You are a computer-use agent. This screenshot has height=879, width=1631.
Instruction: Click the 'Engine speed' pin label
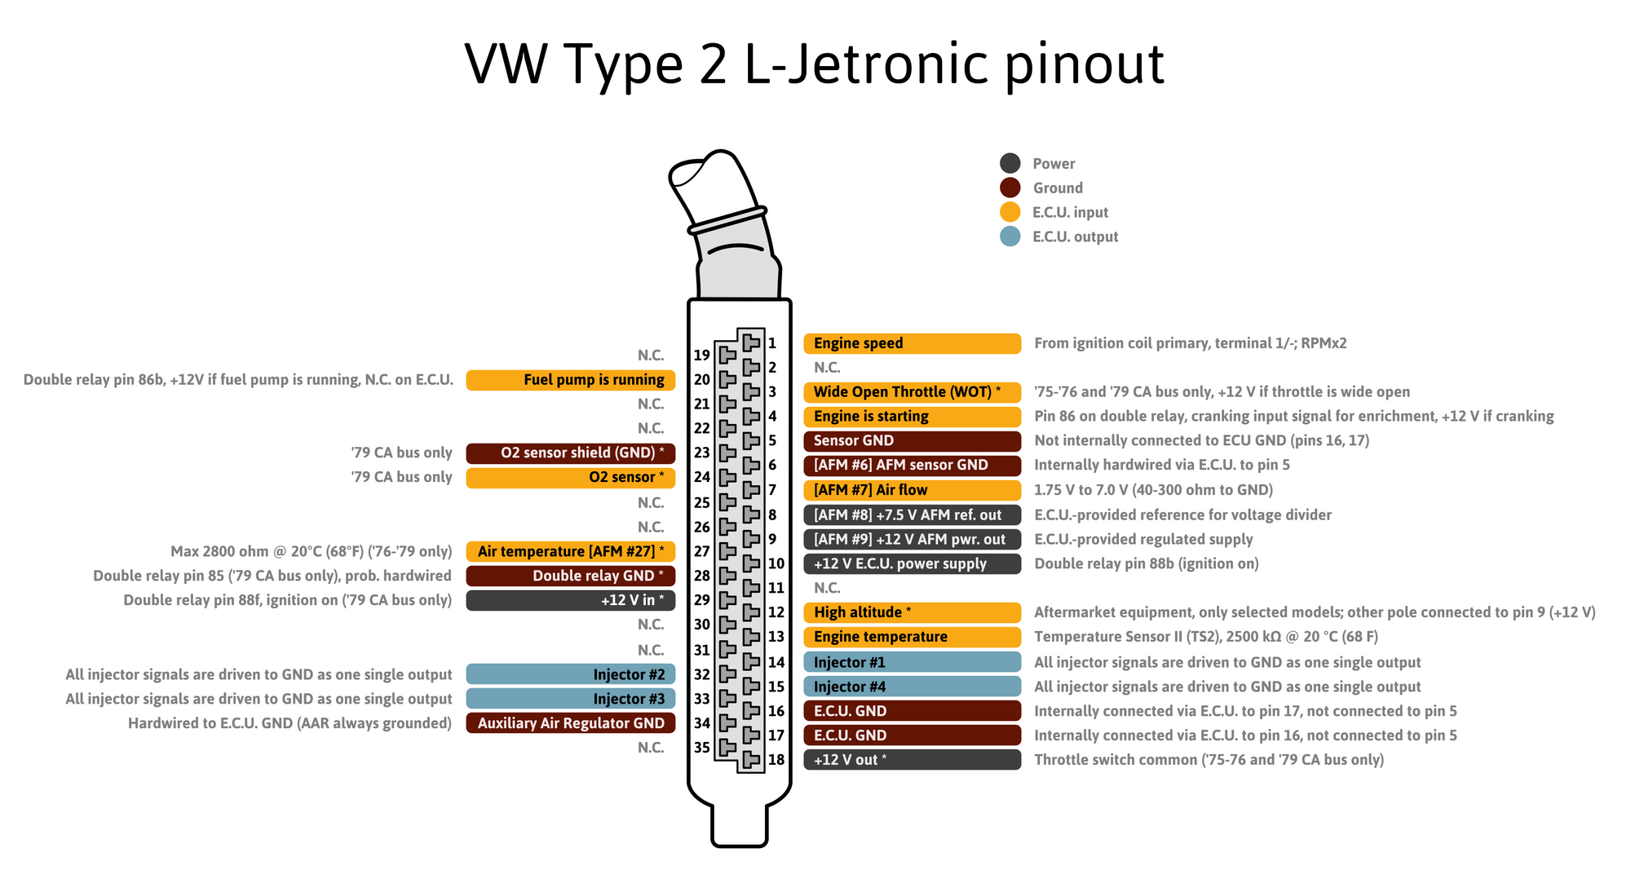point(912,343)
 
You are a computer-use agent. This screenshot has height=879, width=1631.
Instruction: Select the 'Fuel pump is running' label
point(571,380)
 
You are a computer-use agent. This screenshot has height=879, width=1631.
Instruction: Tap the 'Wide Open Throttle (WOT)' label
point(912,392)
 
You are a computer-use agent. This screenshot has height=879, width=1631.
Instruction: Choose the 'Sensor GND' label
point(912,441)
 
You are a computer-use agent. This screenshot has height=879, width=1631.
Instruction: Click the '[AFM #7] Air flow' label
point(912,490)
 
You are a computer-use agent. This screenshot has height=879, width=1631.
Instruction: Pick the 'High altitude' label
point(912,612)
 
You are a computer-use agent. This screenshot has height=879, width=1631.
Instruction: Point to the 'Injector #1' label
point(912,662)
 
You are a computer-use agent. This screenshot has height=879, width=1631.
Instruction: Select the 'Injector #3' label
point(571,699)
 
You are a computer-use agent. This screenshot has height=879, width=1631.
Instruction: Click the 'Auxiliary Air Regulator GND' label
point(571,723)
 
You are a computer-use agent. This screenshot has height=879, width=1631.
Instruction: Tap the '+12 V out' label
point(912,760)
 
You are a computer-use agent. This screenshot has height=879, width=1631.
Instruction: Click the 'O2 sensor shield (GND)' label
point(571,453)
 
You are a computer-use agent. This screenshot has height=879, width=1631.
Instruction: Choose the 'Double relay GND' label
point(571,576)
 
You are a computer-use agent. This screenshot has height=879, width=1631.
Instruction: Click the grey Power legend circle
point(1010,163)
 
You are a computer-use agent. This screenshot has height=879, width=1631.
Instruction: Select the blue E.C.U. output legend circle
point(1010,236)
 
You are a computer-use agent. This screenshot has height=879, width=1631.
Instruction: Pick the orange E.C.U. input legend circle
point(1010,212)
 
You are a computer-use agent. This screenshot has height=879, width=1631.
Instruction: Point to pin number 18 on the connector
point(776,760)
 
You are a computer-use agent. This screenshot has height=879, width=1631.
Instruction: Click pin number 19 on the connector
point(702,356)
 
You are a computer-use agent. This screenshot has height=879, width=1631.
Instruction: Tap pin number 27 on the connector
point(702,551)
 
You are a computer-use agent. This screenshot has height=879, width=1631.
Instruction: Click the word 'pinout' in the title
point(1084,65)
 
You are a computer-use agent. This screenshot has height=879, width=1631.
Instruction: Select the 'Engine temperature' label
point(912,637)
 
